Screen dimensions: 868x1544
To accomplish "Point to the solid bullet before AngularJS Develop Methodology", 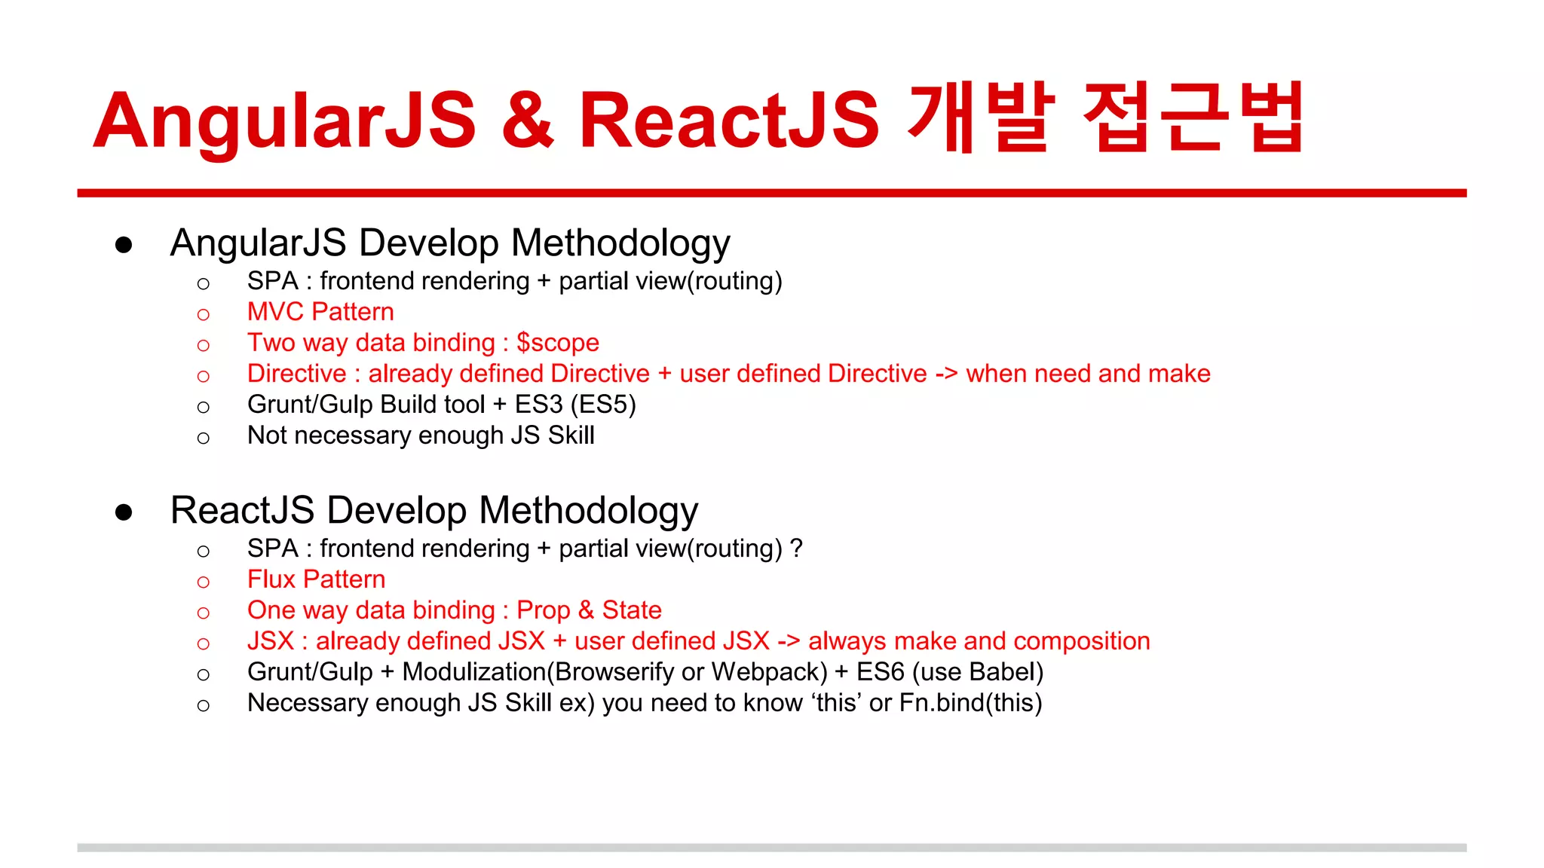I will tap(124, 245).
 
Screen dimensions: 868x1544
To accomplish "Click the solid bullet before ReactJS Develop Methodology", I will tap(124, 512).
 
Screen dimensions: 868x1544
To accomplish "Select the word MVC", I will tap(275, 312).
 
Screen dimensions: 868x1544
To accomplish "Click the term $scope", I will tap(557, 343).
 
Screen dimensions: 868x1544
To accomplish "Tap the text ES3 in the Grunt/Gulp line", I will tap(538, 405).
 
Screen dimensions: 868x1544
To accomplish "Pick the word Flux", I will tap(271, 579).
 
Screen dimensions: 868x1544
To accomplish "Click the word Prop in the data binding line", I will tap(543, 610).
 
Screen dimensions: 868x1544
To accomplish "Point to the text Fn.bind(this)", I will tap(970, 703).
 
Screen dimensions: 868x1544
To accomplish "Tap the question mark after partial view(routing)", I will tap(796, 549).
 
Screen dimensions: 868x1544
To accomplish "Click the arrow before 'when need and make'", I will tap(946, 374).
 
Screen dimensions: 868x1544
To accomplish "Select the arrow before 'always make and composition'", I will tap(788, 641).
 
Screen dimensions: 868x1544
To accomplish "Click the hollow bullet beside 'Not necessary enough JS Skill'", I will tap(203, 438).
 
